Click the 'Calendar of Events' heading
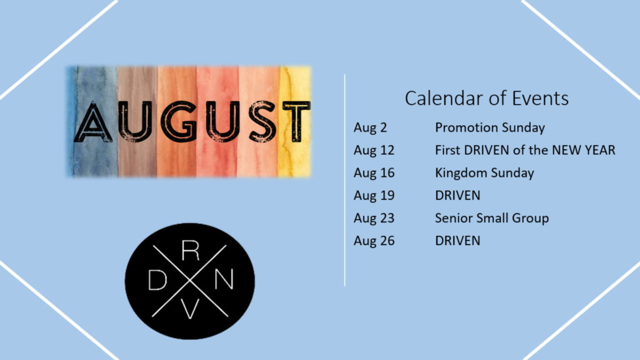tap(486, 98)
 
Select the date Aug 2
tap(370, 127)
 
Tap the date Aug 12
tap(374, 150)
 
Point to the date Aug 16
tap(374, 173)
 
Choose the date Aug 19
tap(374, 196)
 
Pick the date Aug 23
tap(374, 218)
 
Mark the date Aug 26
tap(374, 241)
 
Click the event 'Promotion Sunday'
tap(490, 127)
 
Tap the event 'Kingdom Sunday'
tap(485, 173)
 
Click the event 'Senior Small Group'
tap(492, 219)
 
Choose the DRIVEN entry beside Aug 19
tap(458, 196)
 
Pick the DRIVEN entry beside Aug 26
tap(458, 241)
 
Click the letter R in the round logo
tap(190, 251)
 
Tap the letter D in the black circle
tap(157, 280)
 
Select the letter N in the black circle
tap(225, 279)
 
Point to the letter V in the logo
tap(190, 309)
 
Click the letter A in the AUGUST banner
tap(93, 122)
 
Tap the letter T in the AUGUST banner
tap(297, 121)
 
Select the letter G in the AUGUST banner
tap(179, 121)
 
